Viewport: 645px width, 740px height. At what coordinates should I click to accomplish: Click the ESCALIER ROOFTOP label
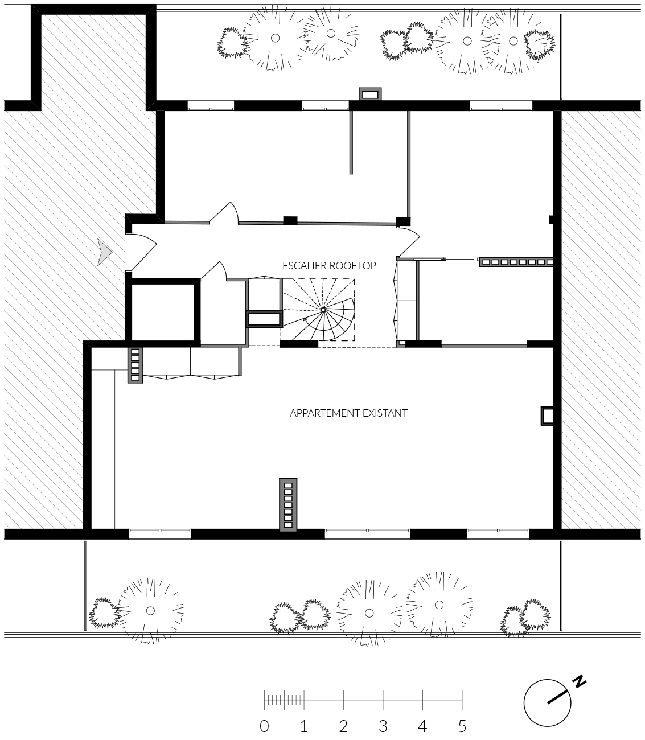pyautogui.click(x=329, y=266)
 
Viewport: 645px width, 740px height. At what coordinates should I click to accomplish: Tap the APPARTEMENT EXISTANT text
pyautogui.click(x=349, y=413)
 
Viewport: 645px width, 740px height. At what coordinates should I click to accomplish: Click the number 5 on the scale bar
pyautogui.click(x=462, y=726)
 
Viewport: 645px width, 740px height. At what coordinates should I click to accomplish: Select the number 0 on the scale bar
pyautogui.click(x=265, y=726)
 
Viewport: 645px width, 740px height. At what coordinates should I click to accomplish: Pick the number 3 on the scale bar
pyautogui.click(x=383, y=726)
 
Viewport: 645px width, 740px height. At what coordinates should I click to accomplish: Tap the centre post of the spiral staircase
pyautogui.click(x=323, y=310)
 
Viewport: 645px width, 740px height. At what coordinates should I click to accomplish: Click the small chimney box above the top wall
pyautogui.click(x=370, y=94)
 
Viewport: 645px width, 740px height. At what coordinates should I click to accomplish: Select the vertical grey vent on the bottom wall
pyautogui.click(x=288, y=505)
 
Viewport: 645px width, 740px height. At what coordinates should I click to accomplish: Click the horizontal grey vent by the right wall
pyautogui.click(x=516, y=262)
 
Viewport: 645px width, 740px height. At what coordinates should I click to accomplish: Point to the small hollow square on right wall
pyautogui.click(x=547, y=416)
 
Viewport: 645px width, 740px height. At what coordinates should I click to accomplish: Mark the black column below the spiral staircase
pyautogui.click(x=299, y=344)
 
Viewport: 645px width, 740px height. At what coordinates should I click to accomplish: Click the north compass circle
pyautogui.click(x=547, y=703)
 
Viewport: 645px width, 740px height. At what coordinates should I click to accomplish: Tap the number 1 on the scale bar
pyautogui.click(x=304, y=726)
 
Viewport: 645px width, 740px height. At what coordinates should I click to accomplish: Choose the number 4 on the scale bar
pyautogui.click(x=422, y=726)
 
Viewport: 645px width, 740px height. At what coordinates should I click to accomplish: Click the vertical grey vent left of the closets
pyautogui.click(x=135, y=365)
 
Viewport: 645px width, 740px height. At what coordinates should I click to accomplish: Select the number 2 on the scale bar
pyautogui.click(x=343, y=726)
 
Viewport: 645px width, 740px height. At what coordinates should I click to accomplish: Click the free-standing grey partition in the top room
pyautogui.click(x=351, y=142)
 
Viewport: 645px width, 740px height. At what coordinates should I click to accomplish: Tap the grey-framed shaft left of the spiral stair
pyautogui.click(x=264, y=319)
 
